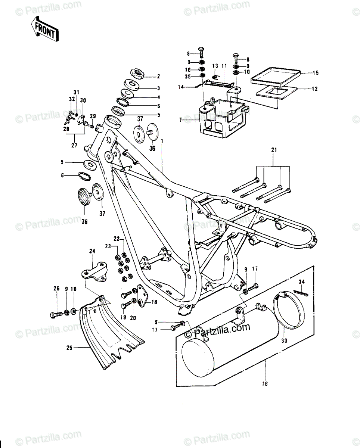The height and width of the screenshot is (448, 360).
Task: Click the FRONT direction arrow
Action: click(x=44, y=29)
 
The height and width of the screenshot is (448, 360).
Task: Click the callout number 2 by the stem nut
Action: click(x=159, y=77)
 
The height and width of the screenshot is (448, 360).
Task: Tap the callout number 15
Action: click(x=316, y=73)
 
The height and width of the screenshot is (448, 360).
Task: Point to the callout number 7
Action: click(x=180, y=120)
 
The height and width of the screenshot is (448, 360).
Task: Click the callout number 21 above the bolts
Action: click(x=274, y=150)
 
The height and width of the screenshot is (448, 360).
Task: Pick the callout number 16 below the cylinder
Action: click(x=265, y=383)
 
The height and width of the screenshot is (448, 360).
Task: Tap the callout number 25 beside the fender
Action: click(x=69, y=348)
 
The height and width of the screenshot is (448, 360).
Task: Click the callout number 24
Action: click(x=92, y=251)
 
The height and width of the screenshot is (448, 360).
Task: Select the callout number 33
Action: click(x=284, y=340)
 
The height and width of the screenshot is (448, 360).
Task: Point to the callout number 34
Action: click(x=301, y=282)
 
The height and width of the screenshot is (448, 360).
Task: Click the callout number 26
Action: click(x=56, y=289)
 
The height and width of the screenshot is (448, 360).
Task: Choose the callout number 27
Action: click(x=74, y=145)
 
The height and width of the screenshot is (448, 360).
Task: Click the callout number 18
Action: click(x=154, y=302)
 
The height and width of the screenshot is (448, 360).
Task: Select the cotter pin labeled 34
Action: click(x=301, y=294)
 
